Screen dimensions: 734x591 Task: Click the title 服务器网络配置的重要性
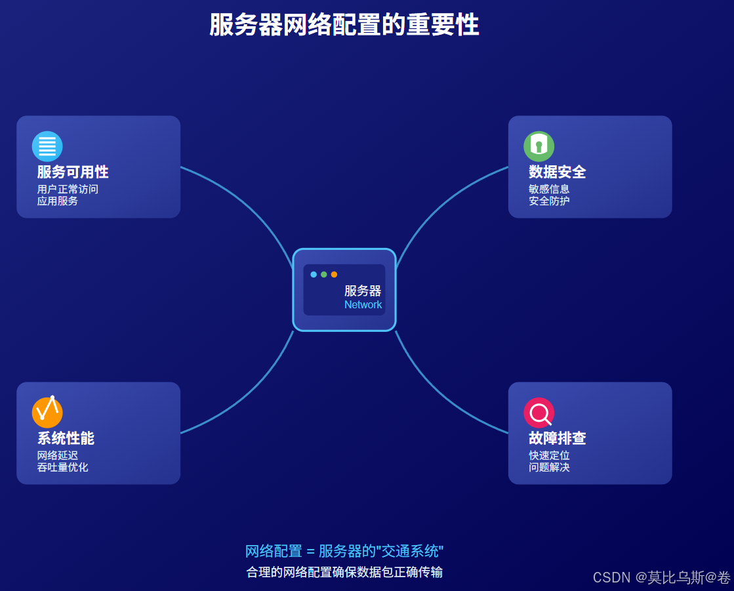(344, 26)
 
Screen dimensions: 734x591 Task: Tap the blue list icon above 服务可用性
(47, 146)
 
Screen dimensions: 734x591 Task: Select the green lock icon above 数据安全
(539, 146)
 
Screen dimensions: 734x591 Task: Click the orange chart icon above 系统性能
(47, 413)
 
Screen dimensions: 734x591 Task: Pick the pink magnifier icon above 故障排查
(539, 413)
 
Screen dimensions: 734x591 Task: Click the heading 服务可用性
(73, 173)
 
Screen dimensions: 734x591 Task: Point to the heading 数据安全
(557, 173)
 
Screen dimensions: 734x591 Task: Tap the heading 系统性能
(66, 439)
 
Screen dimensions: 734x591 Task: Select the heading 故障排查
(557, 439)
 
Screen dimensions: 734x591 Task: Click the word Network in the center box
(363, 305)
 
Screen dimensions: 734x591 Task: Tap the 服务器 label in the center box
(363, 291)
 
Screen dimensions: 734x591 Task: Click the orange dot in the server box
(334, 274)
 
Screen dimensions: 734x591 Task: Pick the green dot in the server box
(324, 274)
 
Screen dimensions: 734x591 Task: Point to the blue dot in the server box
(314, 274)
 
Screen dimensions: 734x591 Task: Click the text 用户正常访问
(68, 190)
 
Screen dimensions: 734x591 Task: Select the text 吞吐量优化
(62, 468)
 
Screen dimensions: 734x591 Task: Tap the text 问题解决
(549, 468)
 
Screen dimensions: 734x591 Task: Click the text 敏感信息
(549, 190)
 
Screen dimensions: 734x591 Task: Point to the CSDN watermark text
(661, 577)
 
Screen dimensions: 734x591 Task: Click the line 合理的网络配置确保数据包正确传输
(344, 572)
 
